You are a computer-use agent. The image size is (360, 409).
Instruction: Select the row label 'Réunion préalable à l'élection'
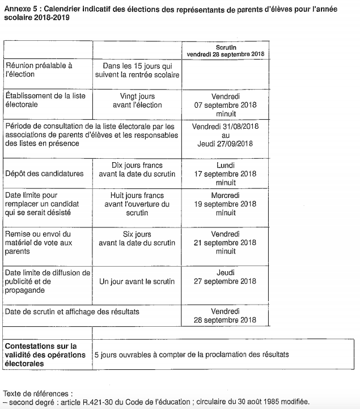[x=39, y=70]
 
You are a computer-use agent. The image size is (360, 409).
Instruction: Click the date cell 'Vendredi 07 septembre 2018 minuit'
[x=226, y=105]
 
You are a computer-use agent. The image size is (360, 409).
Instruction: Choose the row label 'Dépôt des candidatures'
[x=44, y=174]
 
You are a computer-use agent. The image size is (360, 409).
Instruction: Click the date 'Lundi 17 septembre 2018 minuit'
[x=226, y=174]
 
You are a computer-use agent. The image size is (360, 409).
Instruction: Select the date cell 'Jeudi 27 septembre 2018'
[x=226, y=277]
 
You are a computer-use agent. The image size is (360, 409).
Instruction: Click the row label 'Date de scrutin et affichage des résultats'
[x=72, y=312]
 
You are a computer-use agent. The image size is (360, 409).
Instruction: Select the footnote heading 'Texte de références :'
[x=38, y=393]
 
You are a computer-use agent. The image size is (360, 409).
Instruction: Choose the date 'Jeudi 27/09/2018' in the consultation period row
[x=225, y=144]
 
